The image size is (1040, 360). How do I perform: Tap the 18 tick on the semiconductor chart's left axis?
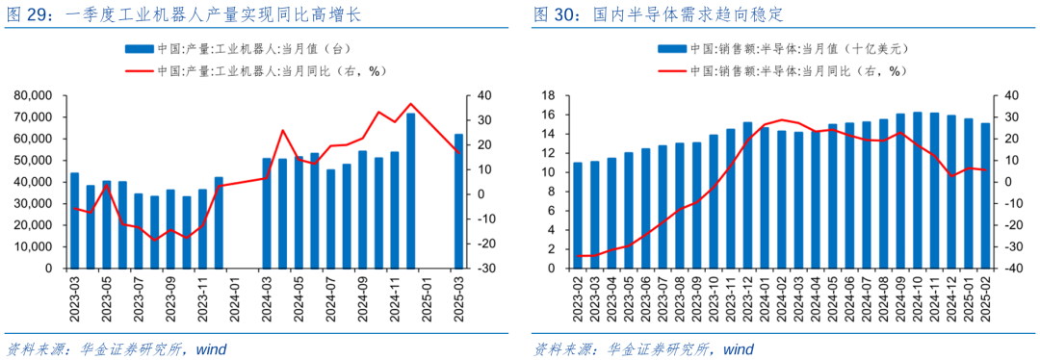click(549, 95)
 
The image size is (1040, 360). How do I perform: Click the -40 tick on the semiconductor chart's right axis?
click(1011, 270)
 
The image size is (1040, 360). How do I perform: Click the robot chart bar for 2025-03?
click(458, 201)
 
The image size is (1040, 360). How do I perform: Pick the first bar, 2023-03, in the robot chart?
click(74, 220)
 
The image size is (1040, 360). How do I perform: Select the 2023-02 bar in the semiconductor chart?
click(578, 216)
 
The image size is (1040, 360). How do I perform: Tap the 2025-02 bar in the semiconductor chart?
click(985, 195)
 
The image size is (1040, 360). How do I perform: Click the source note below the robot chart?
click(116, 348)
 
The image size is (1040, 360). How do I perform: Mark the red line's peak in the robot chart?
click(411, 104)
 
